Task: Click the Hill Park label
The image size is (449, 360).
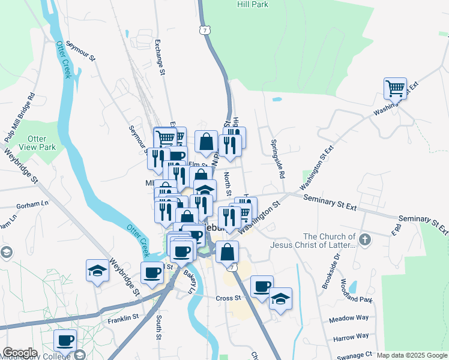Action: (253, 4)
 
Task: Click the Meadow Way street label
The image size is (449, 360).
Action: (349, 319)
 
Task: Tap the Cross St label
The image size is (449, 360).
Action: (228, 298)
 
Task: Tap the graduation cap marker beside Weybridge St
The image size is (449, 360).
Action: (97, 271)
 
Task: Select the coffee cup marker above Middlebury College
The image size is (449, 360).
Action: (65, 340)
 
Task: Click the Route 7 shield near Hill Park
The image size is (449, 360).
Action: (206, 29)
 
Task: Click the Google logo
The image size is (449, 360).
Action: (20, 353)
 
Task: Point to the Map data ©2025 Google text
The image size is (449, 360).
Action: (412, 355)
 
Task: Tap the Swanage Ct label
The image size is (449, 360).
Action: (355, 355)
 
